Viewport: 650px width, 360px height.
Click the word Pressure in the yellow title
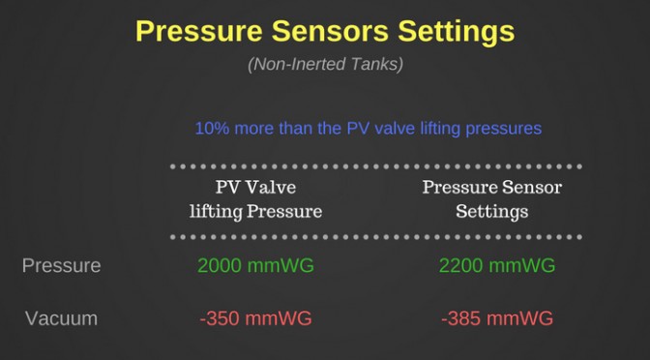point(199,31)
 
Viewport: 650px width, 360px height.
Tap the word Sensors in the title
point(330,31)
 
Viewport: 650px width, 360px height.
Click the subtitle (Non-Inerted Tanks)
point(325,65)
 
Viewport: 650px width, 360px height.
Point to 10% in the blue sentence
point(212,128)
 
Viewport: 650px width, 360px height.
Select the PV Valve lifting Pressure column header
point(255,199)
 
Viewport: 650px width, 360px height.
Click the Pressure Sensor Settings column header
point(492,199)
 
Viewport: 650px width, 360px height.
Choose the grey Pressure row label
point(61,265)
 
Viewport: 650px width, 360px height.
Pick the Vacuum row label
point(61,318)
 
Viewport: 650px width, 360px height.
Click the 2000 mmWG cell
point(255,265)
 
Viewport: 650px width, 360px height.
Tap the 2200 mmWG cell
point(497,265)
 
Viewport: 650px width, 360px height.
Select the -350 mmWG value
point(255,318)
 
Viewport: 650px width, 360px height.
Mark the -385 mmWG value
point(497,318)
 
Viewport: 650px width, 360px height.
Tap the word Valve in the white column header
point(271,188)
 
